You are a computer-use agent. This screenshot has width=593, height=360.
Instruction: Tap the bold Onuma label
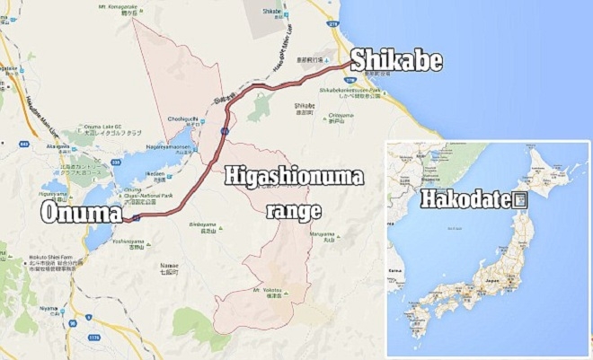(x=79, y=213)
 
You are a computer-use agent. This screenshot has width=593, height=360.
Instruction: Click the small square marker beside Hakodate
(x=518, y=201)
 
